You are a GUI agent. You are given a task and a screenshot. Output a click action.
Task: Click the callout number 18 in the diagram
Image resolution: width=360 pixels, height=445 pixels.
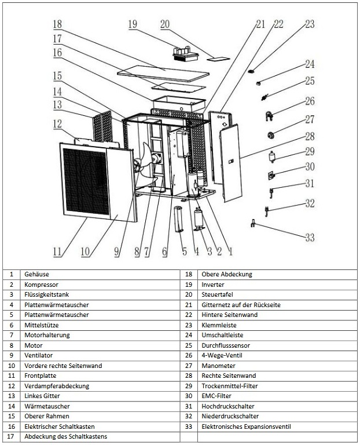(x=57, y=24)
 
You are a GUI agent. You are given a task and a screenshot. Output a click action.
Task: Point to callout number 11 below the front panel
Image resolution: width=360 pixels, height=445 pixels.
(x=57, y=251)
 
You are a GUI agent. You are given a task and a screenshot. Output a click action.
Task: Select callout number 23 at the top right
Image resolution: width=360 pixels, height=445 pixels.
(x=310, y=24)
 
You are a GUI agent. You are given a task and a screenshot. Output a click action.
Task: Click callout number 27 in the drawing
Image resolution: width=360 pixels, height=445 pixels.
(x=310, y=120)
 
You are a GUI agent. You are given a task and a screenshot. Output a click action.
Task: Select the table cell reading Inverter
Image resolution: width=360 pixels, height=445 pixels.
(x=212, y=284)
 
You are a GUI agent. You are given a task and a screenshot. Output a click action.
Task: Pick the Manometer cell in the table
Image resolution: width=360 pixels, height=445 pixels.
(x=216, y=366)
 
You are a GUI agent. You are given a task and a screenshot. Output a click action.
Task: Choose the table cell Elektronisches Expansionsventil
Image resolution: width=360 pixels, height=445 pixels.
(x=246, y=426)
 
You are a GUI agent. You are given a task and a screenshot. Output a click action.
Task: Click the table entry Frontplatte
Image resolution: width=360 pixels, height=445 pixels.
(x=39, y=375)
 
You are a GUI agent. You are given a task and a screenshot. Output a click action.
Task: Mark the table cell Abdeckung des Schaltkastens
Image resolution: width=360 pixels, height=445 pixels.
(x=66, y=436)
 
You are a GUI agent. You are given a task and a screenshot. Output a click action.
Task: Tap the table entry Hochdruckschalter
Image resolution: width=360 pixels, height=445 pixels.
(x=228, y=406)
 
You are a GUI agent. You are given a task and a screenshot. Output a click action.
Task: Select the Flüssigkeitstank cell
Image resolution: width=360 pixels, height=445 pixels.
(x=46, y=294)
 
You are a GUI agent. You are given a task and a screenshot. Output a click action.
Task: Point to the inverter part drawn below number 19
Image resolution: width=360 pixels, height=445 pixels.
(x=185, y=54)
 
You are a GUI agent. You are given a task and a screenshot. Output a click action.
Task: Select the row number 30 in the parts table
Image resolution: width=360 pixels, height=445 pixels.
(x=189, y=396)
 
